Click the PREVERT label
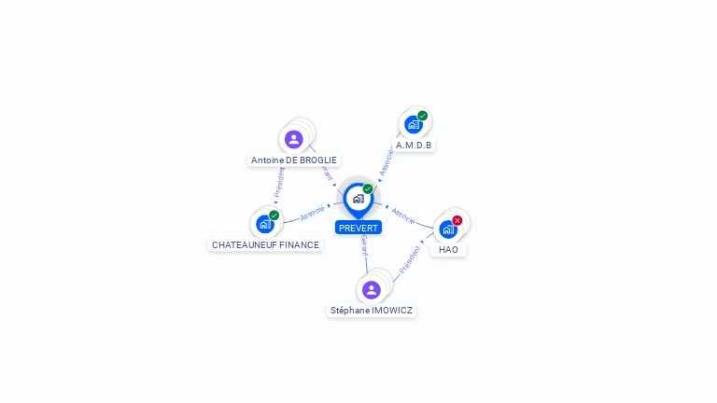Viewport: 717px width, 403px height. [x=358, y=228]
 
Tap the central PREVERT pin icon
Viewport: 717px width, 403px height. [x=358, y=199]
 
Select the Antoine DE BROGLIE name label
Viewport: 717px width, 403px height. [x=294, y=160]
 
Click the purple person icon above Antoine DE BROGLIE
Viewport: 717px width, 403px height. [x=294, y=139]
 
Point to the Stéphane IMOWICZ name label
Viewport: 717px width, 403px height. [x=372, y=310]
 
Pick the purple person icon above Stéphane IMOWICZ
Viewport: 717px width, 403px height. [x=372, y=289]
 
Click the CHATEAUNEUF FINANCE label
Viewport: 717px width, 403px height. [x=266, y=244]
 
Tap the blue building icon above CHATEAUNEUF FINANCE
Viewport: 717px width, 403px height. [x=265, y=224]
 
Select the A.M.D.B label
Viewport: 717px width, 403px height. [x=414, y=146]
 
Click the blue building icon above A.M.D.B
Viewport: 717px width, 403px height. [x=413, y=124]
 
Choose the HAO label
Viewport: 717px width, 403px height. [x=448, y=249]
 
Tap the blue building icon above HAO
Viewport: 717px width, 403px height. [x=447, y=229]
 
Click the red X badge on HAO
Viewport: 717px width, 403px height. [x=457, y=220]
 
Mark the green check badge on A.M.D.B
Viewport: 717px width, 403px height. [x=423, y=116]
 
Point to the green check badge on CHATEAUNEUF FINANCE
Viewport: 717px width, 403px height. [x=274, y=215]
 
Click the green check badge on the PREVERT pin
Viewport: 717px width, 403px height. [x=368, y=189]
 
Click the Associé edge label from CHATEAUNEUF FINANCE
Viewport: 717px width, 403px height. [x=313, y=213]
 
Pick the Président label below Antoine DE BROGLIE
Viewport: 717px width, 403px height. [x=279, y=184]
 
